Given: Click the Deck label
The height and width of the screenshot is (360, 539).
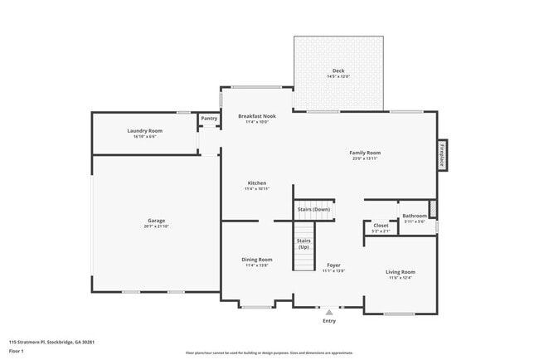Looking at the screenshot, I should click(x=338, y=71).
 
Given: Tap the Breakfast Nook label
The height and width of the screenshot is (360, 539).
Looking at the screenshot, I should click(x=257, y=116).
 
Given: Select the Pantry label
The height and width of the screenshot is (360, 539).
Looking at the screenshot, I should click(x=209, y=119).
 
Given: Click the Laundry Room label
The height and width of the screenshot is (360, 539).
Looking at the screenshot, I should click(x=144, y=130).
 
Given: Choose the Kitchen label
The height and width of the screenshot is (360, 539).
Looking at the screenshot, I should click(x=257, y=182).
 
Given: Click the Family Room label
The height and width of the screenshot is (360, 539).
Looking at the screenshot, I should click(x=365, y=153).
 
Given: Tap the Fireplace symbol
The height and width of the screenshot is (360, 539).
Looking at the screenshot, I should click(x=442, y=155).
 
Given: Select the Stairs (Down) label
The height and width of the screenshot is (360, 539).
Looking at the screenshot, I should click(x=314, y=209).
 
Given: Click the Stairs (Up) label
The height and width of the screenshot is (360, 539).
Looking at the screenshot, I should click(x=303, y=242).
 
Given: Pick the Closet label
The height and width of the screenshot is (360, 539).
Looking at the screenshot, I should click(x=381, y=225).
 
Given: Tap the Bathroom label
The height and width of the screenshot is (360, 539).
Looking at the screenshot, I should click(x=414, y=216).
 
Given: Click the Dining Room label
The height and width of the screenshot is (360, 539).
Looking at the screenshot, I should click(x=257, y=260).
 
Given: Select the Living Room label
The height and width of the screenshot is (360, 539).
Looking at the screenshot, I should click(x=401, y=271).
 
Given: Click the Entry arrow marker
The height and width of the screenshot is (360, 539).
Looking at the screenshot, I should click(x=329, y=312).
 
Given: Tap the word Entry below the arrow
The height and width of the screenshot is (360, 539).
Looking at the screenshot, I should click(x=329, y=321).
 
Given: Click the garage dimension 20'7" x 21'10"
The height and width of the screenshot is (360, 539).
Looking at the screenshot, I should click(x=156, y=226).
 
